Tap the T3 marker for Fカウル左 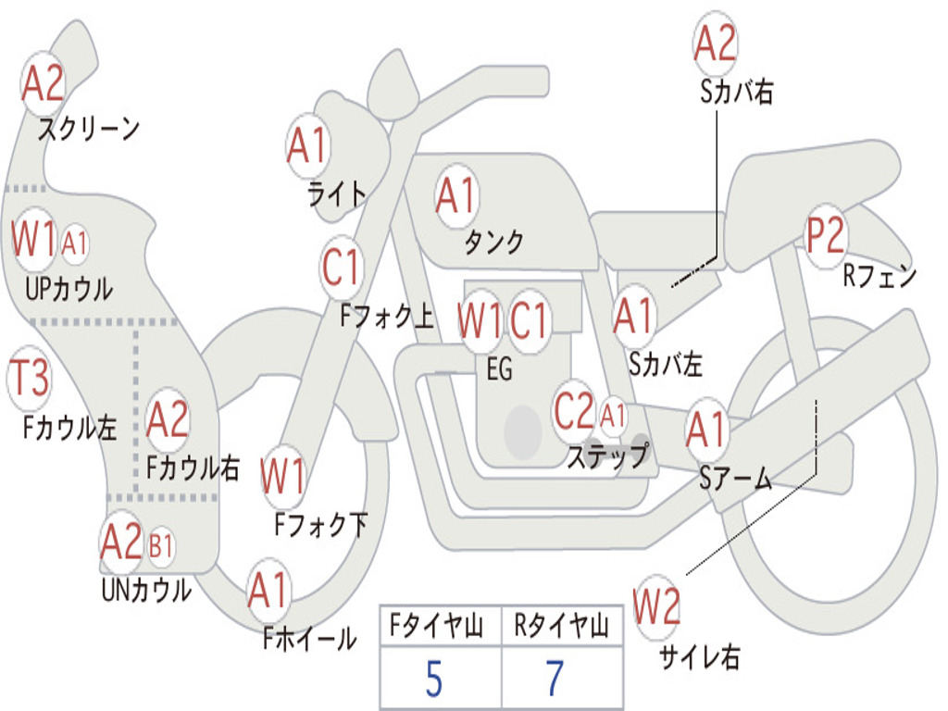[x=29, y=378]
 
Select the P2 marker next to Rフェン [x=825, y=236]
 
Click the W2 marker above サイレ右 [x=656, y=607]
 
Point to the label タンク [x=493, y=242]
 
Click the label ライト [x=336, y=193]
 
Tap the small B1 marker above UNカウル [x=161, y=546]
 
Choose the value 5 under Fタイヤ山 [x=433, y=680]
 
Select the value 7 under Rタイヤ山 [x=555, y=680]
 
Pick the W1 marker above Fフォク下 [x=282, y=478]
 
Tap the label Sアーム [x=735, y=478]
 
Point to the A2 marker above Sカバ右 [x=715, y=44]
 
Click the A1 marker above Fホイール [x=268, y=591]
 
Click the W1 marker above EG [x=480, y=321]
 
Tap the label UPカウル [x=69, y=288]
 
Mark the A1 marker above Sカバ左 [x=634, y=317]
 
